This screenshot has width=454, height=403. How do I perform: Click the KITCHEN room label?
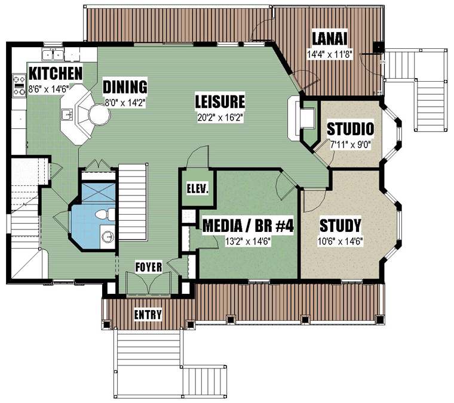pos(56,73)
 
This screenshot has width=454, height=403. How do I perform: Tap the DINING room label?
pos(125,86)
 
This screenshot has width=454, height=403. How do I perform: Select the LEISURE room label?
pos(220,101)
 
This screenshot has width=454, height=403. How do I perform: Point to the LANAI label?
pos(330,38)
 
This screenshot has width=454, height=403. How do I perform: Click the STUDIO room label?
pos(350,129)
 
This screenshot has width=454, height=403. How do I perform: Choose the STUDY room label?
pos(340,225)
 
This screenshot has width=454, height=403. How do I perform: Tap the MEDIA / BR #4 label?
pos(248,225)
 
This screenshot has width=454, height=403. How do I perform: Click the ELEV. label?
pos(198,189)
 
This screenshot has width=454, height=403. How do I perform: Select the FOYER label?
pos(149,267)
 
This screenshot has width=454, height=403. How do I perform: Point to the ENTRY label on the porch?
pos(148,314)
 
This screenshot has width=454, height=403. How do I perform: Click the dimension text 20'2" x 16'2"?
pos(220,117)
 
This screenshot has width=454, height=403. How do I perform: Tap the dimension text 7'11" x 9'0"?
pos(351,144)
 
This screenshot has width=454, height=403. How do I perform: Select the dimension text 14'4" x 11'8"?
pos(330,54)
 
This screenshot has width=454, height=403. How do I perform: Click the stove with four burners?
pos(19,85)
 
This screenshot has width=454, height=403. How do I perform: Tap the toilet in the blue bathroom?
pos(105,215)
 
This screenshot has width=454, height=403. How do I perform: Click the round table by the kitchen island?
pos(99,114)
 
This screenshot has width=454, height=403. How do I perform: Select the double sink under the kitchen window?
pos(53,55)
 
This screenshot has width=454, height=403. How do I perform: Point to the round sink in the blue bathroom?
pos(108,237)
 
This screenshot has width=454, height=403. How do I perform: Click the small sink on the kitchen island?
pos(68,114)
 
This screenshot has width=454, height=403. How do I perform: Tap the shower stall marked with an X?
pos(98,192)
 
